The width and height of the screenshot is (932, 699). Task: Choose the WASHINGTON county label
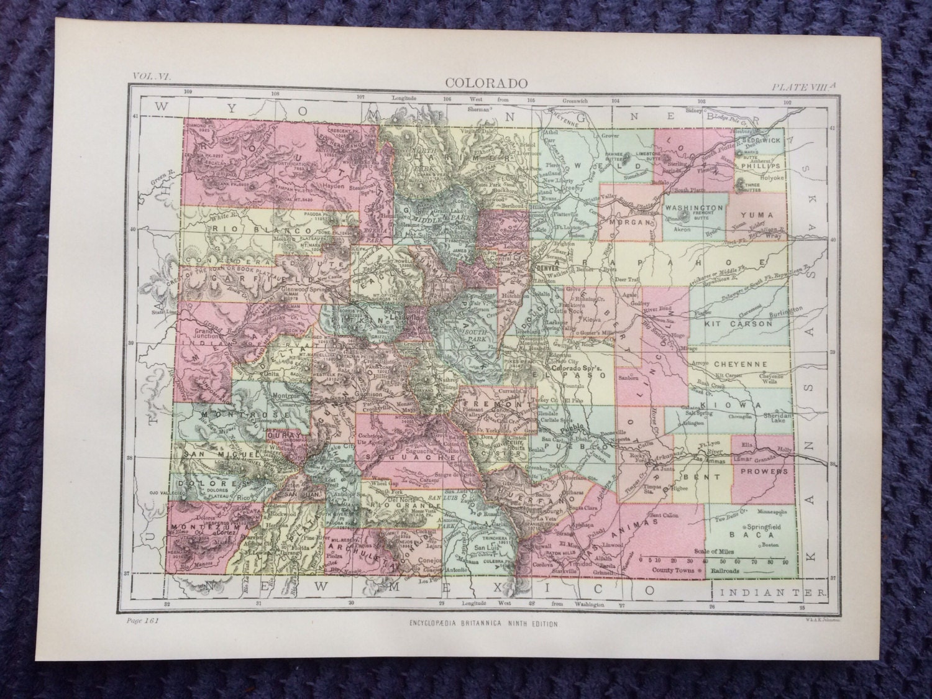click(x=693, y=207)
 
